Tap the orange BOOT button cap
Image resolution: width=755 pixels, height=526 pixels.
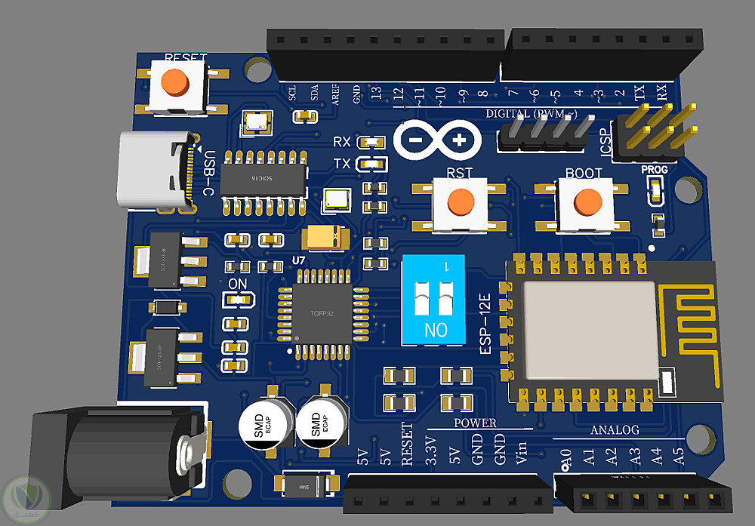coord(587,201)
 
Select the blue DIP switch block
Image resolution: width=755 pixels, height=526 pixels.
coord(436,300)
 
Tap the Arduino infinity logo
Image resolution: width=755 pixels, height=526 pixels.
coord(437,140)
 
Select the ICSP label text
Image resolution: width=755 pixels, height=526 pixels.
coord(606,141)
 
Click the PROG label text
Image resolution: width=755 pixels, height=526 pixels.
coord(655,170)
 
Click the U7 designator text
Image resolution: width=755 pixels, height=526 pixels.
coord(299,260)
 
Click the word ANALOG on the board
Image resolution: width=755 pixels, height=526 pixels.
coord(614,430)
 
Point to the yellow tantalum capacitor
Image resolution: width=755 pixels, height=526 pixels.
coord(325,239)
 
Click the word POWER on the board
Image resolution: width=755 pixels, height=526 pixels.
coord(475,423)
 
